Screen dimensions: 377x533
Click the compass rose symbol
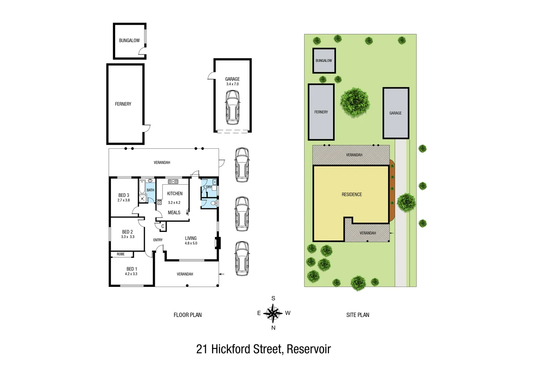coord(273,313)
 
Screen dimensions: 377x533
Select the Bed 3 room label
coord(124,195)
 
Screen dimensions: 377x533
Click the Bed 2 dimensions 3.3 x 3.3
coord(128,237)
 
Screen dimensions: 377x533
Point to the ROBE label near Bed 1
coord(121,254)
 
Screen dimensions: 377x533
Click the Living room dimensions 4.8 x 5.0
coord(191,243)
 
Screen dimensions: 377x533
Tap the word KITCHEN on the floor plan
coord(175,193)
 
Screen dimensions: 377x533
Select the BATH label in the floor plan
coord(150,190)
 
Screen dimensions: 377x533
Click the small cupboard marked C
coord(163,227)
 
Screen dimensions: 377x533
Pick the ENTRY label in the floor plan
coord(158,240)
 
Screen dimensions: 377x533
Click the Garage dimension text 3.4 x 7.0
coord(232,84)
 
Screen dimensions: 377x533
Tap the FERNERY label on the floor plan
coord(123,104)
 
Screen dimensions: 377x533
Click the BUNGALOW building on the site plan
coord(324,61)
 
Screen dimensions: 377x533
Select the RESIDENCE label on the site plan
coord(352,194)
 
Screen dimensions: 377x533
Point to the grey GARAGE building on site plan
coord(396,113)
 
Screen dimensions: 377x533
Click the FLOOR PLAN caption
coord(188,315)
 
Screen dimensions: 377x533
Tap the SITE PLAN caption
coord(358,315)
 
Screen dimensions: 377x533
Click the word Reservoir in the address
coord(309,349)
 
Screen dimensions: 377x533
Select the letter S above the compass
coord(273,298)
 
